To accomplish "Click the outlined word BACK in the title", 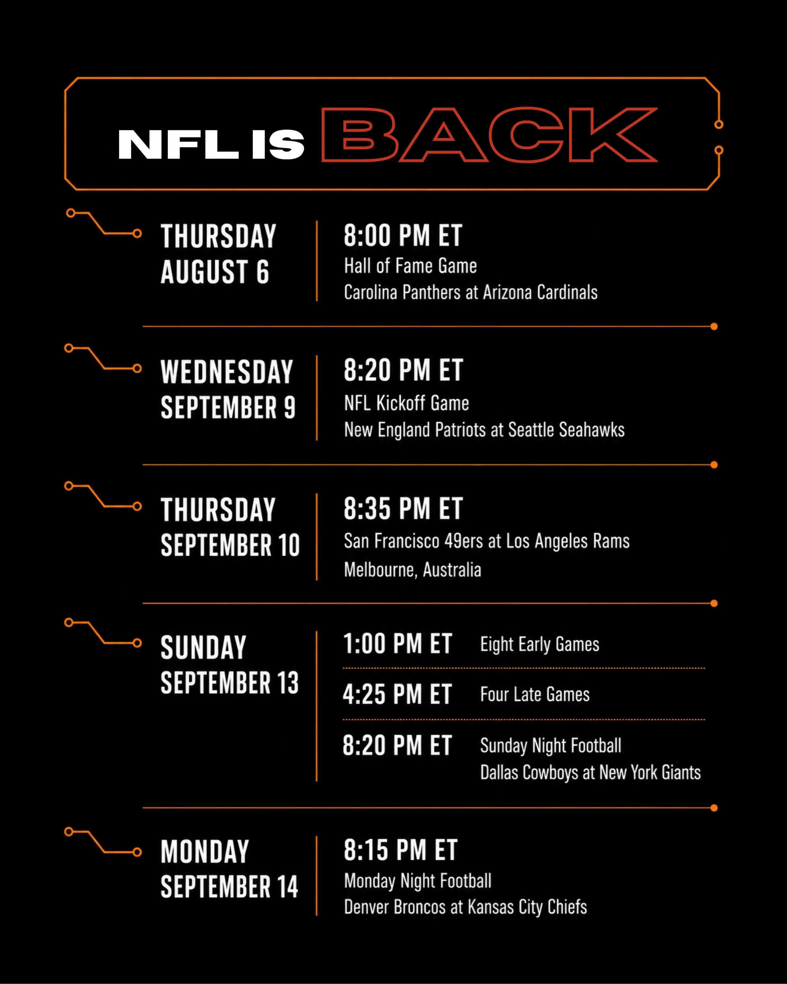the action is click(x=489, y=135).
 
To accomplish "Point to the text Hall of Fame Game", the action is click(x=410, y=266).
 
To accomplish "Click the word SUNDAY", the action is click(x=204, y=647).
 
